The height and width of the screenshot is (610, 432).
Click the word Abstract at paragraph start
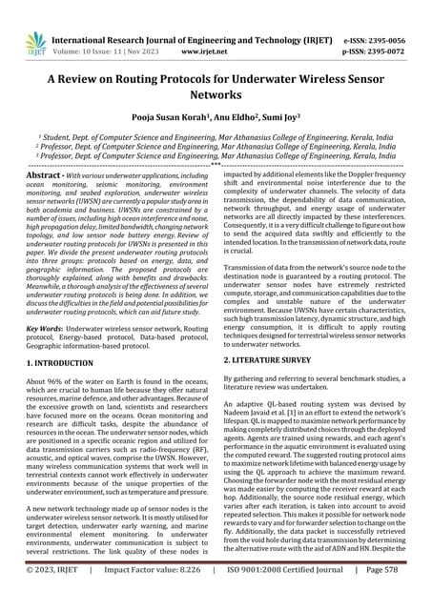tap(41, 177)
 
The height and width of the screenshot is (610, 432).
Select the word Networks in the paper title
tap(216, 95)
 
